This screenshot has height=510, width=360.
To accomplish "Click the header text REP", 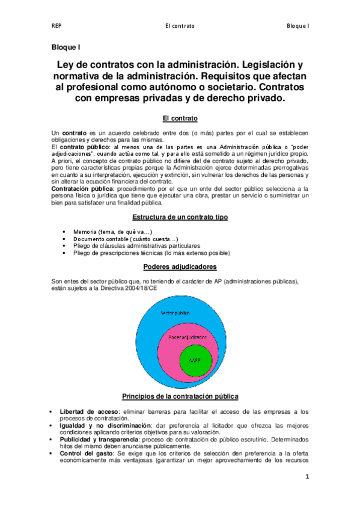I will tap(56, 26).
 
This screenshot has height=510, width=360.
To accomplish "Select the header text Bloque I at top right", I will tap(297, 26).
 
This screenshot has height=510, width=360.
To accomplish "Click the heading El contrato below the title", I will tap(180, 118).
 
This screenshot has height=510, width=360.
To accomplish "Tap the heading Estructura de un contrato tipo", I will tap(180, 217).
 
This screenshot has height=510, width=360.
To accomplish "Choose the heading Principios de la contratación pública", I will tap(180, 396).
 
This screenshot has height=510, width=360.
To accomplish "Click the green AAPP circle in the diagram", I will tap(195, 361).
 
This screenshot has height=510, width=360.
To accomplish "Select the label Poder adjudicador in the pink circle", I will tap(186, 336).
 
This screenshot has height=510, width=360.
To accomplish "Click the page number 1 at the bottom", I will tap(307, 478).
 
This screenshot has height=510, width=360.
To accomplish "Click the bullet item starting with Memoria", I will tap(112, 232).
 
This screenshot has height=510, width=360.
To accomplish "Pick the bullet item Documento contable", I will tap(117, 239).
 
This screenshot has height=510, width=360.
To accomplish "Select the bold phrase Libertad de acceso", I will tap(88, 411).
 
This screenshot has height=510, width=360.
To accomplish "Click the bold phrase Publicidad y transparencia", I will tap(101, 439).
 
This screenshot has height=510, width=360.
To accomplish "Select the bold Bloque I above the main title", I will tap(66, 46).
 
